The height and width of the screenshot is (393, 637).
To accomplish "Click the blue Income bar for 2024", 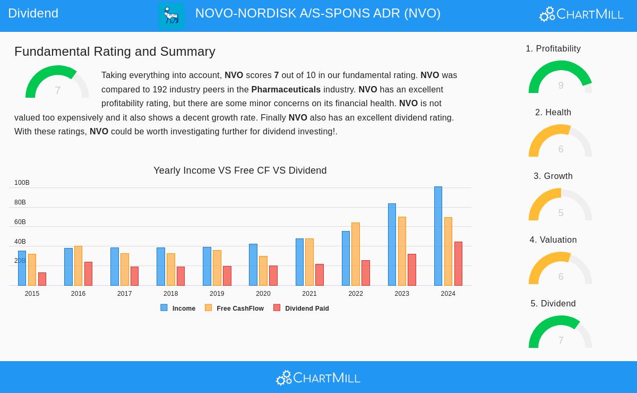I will pyautogui.click(x=438, y=236).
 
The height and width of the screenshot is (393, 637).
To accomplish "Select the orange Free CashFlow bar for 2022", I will pyautogui.click(x=356, y=254).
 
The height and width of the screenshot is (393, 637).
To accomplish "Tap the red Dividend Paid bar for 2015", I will pyautogui.click(x=42, y=279).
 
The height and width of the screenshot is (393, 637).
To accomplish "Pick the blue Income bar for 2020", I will pyautogui.click(x=253, y=265).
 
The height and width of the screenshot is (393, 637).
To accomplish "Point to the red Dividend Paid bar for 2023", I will pyautogui.click(x=412, y=270).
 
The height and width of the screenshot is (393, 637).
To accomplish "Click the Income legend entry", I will pyautogui.click(x=178, y=308).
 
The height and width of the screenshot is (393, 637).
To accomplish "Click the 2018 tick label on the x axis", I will pyautogui.click(x=170, y=294).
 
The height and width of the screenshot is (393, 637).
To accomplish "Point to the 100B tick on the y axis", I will pyautogui.click(x=22, y=183).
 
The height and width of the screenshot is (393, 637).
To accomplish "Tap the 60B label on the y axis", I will pyautogui.click(x=20, y=222).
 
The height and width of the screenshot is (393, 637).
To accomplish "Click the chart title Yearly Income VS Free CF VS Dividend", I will pyautogui.click(x=240, y=170).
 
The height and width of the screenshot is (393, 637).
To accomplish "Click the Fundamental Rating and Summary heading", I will pyautogui.click(x=115, y=52).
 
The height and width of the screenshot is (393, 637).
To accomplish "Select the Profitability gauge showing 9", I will pyautogui.click(x=560, y=79).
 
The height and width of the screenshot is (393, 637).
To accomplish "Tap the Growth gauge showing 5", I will pyautogui.click(x=560, y=206).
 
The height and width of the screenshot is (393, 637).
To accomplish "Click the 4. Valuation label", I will pyautogui.click(x=553, y=240).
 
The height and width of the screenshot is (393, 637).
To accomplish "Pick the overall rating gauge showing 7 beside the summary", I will pyautogui.click(x=57, y=83).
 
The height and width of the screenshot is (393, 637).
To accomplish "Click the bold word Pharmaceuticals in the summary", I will pyautogui.click(x=286, y=89).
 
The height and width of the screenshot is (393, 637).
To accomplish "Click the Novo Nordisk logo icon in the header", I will pyautogui.click(x=171, y=15).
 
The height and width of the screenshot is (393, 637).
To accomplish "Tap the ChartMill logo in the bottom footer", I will pyautogui.click(x=318, y=378).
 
